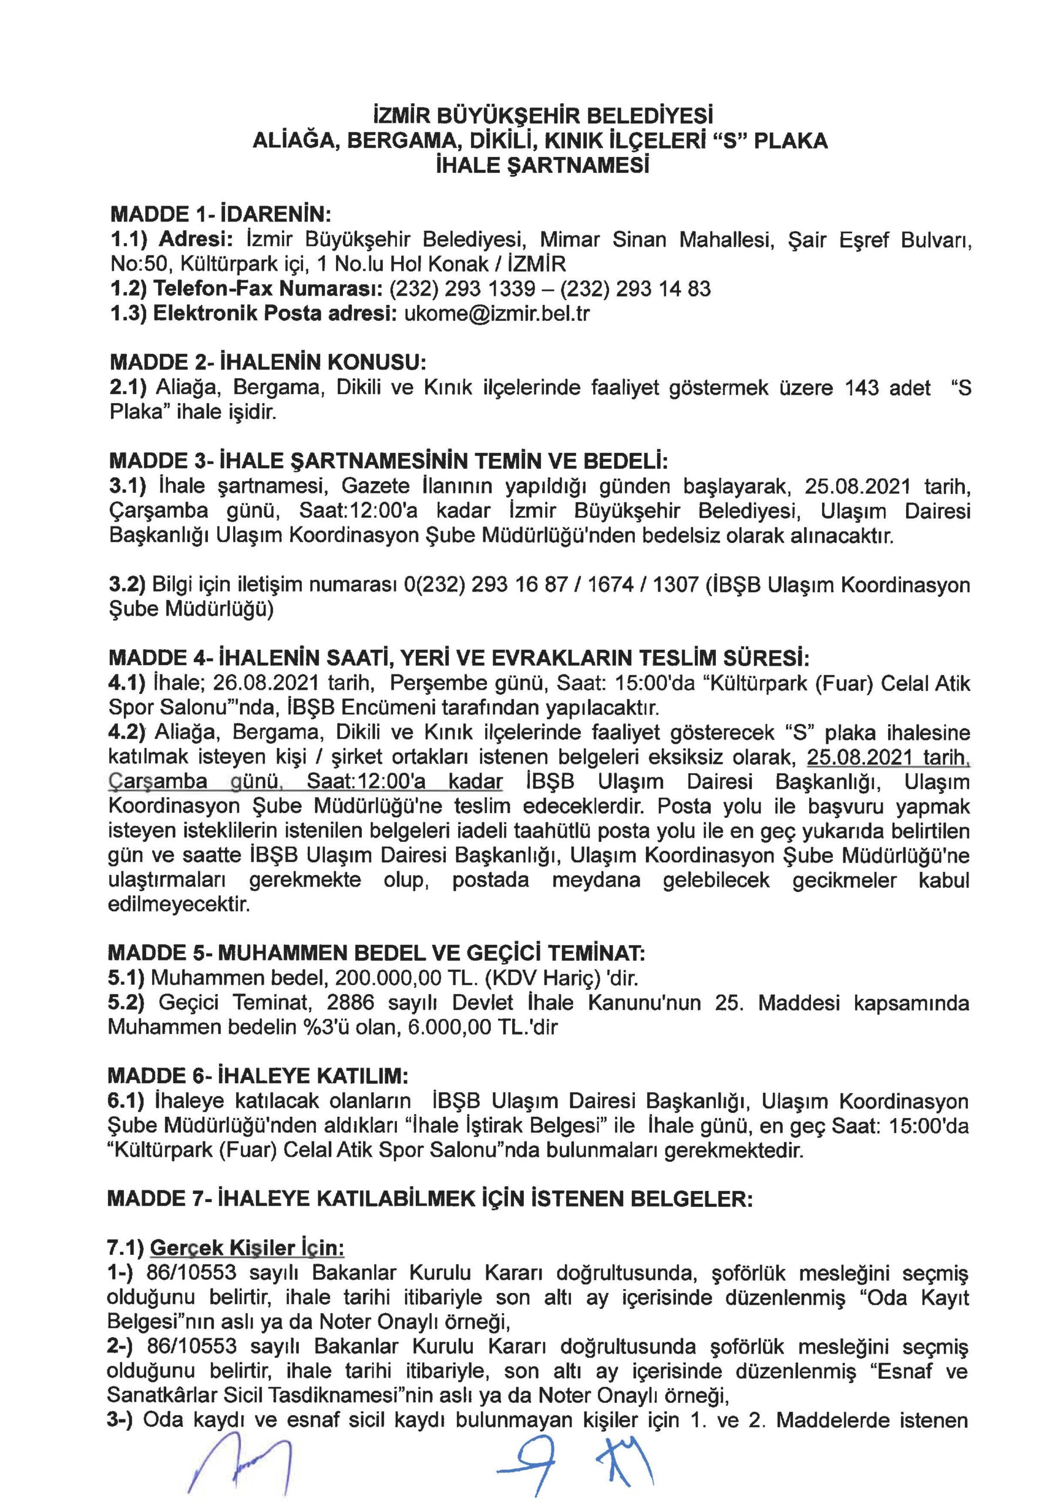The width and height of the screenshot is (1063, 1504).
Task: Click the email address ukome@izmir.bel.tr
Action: tap(497, 314)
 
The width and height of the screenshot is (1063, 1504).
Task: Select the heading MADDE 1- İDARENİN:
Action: tap(221, 214)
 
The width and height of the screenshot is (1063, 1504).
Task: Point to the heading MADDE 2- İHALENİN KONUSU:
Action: tap(268, 362)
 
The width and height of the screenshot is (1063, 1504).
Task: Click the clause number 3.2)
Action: tap(127, 585)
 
